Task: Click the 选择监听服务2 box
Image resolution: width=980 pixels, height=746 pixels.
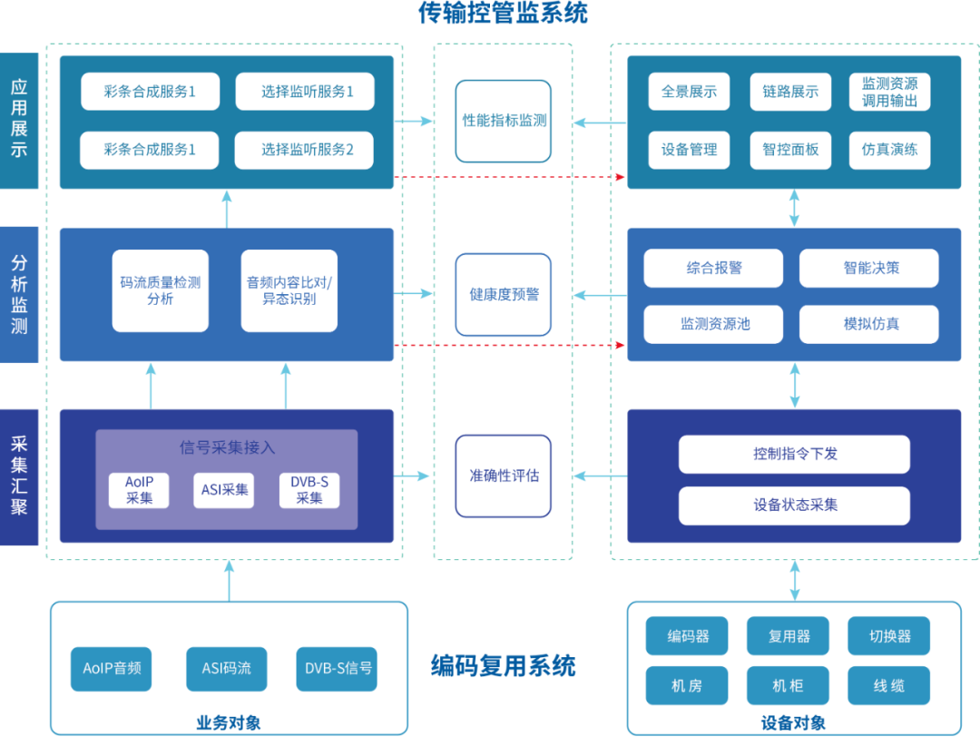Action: tap(304, 150)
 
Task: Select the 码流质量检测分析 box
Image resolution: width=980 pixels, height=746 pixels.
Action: tap(161, 290)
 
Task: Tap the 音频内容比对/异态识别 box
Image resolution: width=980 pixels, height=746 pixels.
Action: tap(289, 290)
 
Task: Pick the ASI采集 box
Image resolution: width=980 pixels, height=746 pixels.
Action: tap(224, 490)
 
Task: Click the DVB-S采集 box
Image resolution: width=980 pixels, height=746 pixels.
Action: tap(309, 490)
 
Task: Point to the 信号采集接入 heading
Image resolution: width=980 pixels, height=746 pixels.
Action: tap(227, 447)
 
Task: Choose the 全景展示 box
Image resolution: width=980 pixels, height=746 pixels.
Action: tap(689, 92)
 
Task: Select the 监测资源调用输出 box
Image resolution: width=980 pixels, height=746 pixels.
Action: tap(889, 92)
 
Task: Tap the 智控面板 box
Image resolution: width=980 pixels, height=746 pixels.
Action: tap(790, 150)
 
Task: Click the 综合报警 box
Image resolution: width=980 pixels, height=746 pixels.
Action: tap(713, 269)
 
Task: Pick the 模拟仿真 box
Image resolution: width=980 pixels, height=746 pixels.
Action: tap(869, 324)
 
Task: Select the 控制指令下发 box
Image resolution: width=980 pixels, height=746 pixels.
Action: tap(794, 454)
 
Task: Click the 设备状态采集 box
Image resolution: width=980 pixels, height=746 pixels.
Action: tap(794, 506)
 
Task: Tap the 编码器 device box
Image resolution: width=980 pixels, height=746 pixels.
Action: tap(687, 636)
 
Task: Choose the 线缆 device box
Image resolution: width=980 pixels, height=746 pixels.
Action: tap(889, 686)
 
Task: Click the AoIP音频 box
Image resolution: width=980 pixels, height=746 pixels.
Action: tap(112, 669)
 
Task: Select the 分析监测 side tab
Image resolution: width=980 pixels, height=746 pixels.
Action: tap(19, 295)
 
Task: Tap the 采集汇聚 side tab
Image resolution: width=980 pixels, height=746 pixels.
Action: tap(19, 476)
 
